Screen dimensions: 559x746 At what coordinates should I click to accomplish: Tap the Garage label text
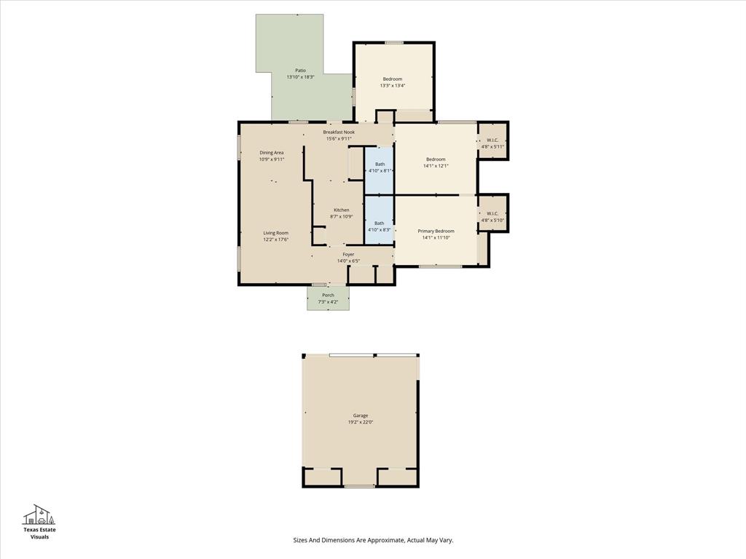[361, 416]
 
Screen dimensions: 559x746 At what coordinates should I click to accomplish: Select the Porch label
[328, 295]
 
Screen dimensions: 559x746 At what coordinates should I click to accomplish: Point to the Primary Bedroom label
[436, 231]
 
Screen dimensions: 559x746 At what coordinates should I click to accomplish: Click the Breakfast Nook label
[339, 132]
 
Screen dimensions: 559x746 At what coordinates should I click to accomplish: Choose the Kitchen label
[342, 210]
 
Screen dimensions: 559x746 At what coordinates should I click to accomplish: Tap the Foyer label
[348, 255]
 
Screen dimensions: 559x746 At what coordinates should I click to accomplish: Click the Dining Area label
[272, 152]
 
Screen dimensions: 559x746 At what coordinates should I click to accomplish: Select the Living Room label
[276, 233]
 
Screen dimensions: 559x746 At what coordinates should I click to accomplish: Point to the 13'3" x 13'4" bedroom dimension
[392, 85]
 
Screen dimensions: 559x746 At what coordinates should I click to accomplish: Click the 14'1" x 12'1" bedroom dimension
[436, 165]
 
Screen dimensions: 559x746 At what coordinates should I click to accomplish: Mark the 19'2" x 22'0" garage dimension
[361, 422]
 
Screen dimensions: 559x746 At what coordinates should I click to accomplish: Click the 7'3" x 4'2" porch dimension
[328, 301]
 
